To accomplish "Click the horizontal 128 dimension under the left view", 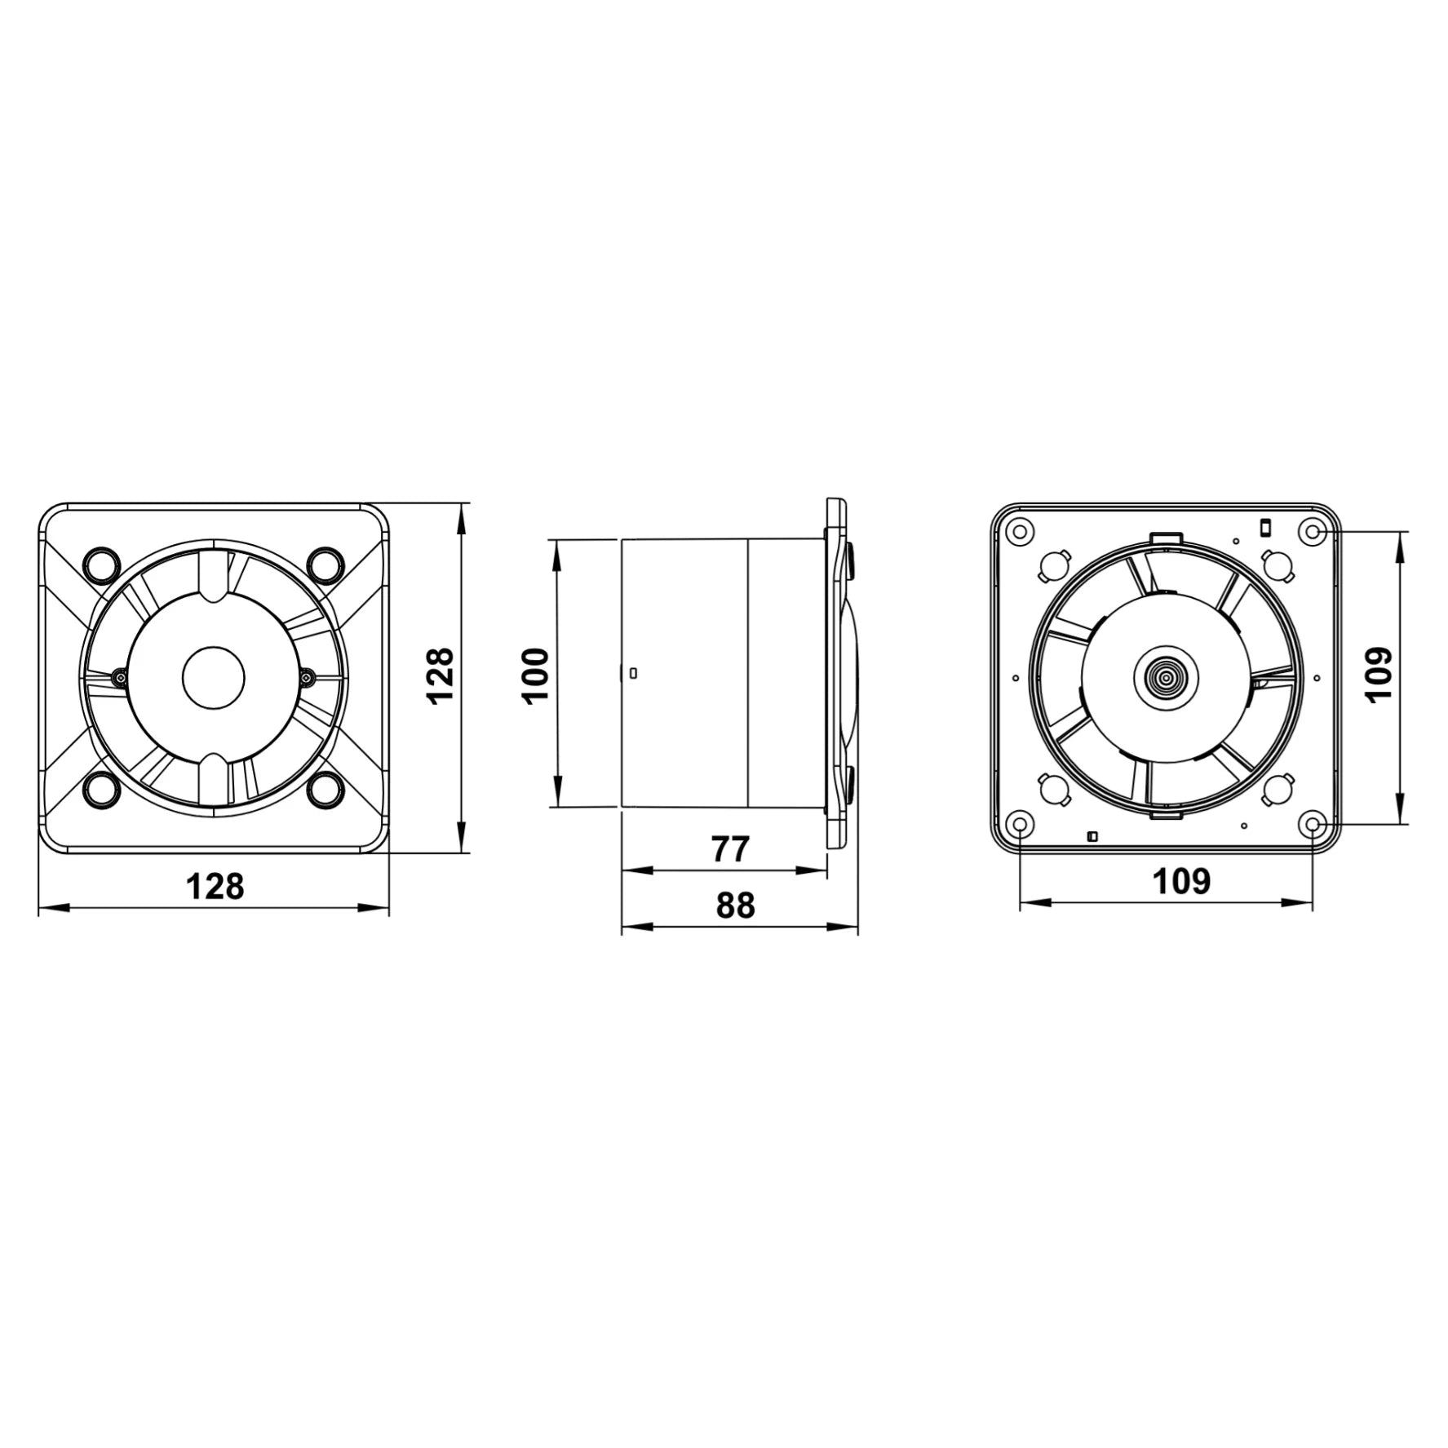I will click(x=215, y=886).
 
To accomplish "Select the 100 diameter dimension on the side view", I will click(x=536, y=675).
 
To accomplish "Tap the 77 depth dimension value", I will click(x=730, y=849).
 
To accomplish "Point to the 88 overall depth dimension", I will click(x=735, y=906).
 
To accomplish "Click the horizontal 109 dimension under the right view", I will click(x=1180, y=881).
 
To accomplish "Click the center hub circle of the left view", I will click(x=213, y=677).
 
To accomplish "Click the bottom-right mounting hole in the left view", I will click(x=325, y=788).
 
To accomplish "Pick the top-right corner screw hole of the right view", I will click(x=1312, y=532).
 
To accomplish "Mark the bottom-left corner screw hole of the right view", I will click(x=1020, y=825).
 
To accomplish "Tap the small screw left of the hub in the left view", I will click(x=121, y=675).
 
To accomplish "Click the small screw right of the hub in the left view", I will click(x=307, y=675).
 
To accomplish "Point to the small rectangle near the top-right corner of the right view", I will click(x=1265, y=527).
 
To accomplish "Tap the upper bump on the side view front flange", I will click(x=851, y=560).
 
